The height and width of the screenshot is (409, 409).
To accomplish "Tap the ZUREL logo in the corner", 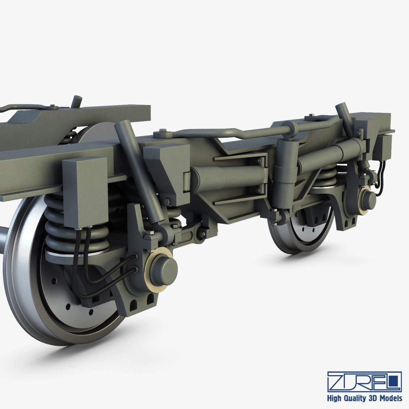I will pyautogui.click(x=364, y=382).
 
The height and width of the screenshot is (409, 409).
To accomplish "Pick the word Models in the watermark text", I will pyautogui.click(x=391, y=398).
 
